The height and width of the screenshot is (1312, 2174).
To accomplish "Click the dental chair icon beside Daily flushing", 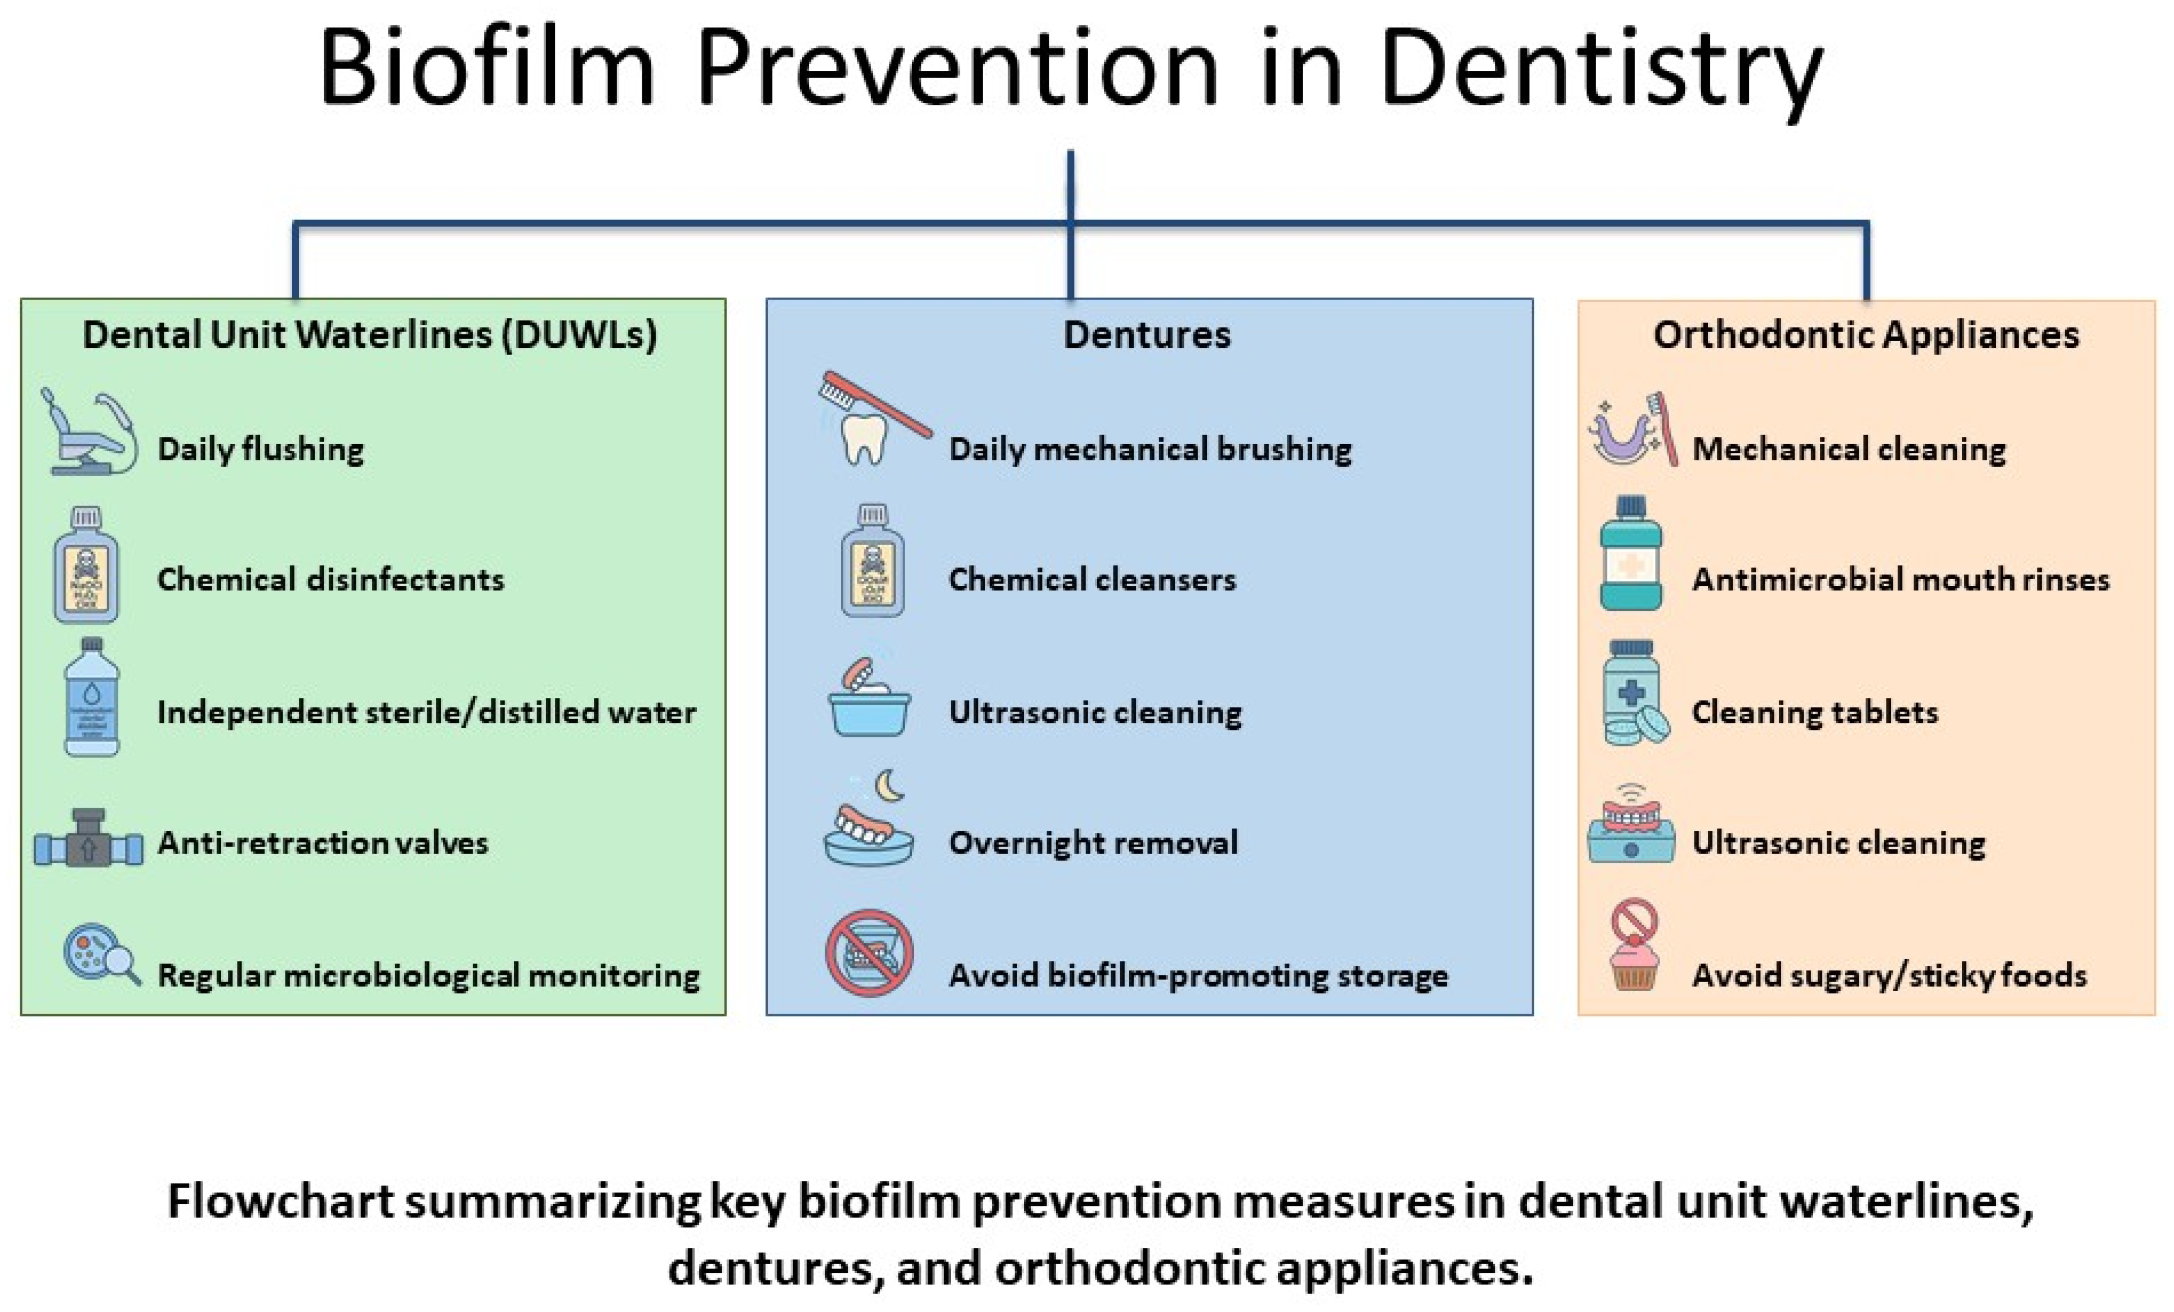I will click(x=88, y=432).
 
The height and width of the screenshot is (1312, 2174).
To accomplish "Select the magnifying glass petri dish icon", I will click(x=101, y=955).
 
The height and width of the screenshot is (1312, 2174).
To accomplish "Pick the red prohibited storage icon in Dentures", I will click(x=869, y=953).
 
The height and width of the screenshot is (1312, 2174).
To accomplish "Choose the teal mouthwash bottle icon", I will click(x=1630, y=554).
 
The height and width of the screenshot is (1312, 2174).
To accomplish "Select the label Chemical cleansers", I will click(x=1092, y=580).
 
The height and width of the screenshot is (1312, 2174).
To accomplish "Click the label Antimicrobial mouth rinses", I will click(x=1900, y=580).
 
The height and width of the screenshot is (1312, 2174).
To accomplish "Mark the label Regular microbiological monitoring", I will click(x=428, y=976).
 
